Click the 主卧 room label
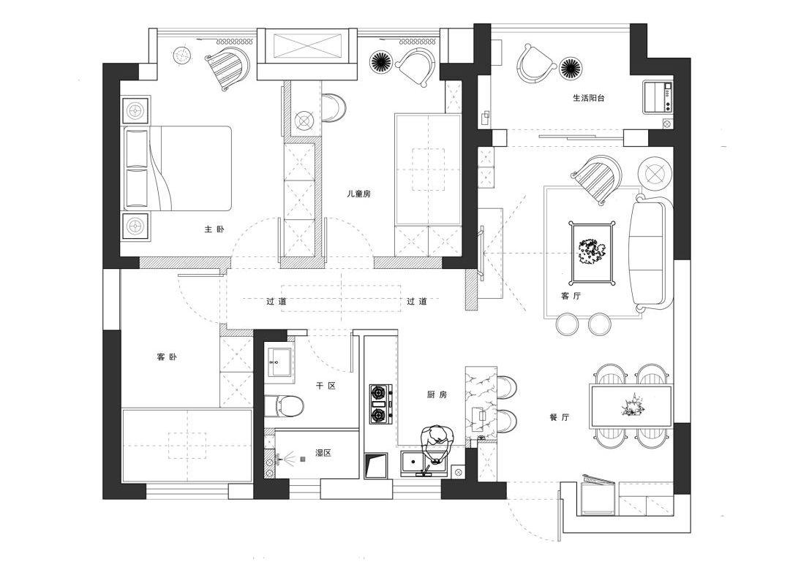click(x=214, y=229)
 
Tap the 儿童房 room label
click(x=359, y=194)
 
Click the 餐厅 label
click(x=560, y=417)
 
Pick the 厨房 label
click(x=437, y=395)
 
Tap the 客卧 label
click(x=167, y=357)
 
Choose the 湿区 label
click(x=323, y=453)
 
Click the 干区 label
click(x=326, y=385)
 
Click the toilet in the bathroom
click(x=284, y=404)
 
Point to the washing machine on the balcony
click(x=658, y=98)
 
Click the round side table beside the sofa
click(x=655, y=173)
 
